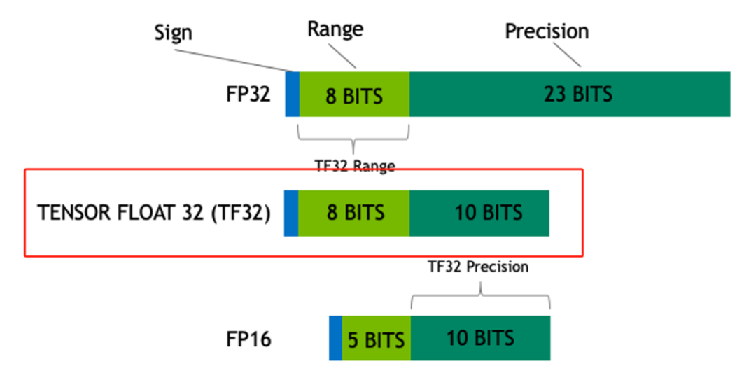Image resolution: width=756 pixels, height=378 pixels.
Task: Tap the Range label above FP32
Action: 335,29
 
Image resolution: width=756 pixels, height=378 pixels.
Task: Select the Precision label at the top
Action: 547,31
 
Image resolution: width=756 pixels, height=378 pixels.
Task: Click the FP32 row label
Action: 247,94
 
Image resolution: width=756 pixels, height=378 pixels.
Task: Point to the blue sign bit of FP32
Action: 292,94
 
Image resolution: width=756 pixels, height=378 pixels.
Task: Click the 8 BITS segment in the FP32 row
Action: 354,94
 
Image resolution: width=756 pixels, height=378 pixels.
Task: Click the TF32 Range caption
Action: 354,166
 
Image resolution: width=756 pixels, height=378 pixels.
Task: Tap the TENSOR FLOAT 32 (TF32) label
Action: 154,212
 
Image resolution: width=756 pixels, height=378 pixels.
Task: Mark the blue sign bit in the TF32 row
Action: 291,212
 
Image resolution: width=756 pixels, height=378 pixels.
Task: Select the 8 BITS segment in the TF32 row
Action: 354,212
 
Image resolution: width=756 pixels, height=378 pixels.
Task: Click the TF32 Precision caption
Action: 479,267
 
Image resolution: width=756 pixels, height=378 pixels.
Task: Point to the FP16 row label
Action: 248,339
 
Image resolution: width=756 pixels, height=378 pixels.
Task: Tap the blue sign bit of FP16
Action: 335,338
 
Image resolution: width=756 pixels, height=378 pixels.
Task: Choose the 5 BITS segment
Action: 376,339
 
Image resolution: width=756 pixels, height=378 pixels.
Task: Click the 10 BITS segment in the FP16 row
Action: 480,338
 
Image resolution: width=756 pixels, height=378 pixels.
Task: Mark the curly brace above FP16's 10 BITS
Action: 480,297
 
